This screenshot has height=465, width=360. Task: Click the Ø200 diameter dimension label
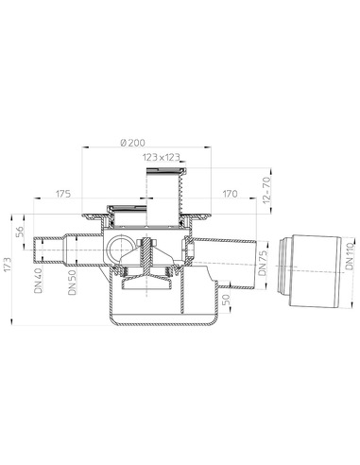132,143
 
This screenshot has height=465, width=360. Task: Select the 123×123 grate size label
162,157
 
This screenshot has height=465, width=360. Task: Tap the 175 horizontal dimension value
63,194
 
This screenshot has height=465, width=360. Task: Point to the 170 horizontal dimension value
230,194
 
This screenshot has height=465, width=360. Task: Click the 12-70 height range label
266,190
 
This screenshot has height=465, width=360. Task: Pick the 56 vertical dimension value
20,232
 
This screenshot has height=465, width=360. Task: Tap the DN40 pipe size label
39,281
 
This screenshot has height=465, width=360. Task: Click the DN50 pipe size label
73,282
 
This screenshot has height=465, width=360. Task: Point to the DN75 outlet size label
262,262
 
